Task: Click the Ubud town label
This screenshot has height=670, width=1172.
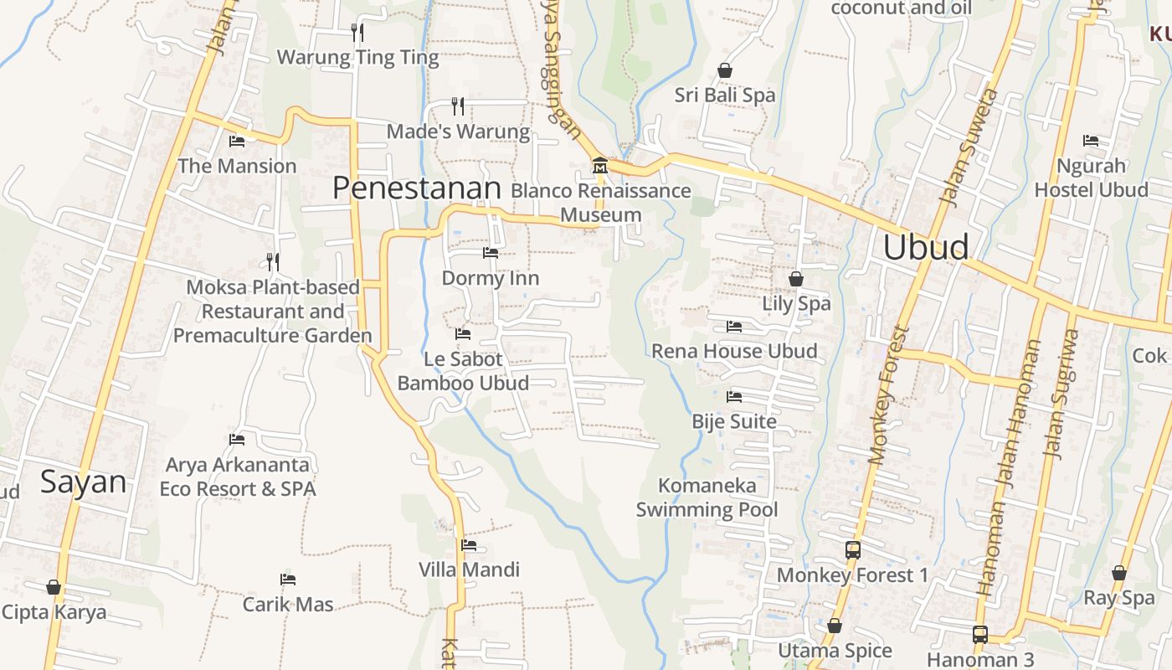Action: click(926, 247)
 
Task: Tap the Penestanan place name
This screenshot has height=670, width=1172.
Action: click(416, 188)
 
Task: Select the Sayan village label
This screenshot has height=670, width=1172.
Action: click(84, 482)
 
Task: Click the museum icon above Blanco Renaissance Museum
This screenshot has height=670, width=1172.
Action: click(599, 166)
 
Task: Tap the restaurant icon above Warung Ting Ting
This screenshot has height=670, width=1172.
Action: click(357, 33)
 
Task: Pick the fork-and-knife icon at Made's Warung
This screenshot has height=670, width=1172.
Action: click(457, 106)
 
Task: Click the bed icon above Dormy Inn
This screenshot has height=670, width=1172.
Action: click(491, 252)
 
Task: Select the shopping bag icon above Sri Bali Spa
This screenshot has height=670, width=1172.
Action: click(725, 70)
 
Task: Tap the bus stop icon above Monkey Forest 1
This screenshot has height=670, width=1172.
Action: click(853, 550)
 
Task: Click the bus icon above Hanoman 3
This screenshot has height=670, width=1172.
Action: click(980, 635)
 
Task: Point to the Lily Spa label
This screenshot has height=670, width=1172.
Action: click(796, 303)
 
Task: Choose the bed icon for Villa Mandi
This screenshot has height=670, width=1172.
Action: click(469, 545)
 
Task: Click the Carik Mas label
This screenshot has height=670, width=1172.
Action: click(288, 604)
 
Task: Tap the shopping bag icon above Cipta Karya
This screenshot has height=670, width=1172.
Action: click(54, 587)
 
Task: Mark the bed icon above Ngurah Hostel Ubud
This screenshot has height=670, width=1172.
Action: click(1091, 141)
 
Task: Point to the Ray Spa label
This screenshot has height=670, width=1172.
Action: click(1118, 598)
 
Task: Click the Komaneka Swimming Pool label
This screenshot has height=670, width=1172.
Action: click(707, 497)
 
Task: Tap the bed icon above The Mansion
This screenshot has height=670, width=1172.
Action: click(237, 141)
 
